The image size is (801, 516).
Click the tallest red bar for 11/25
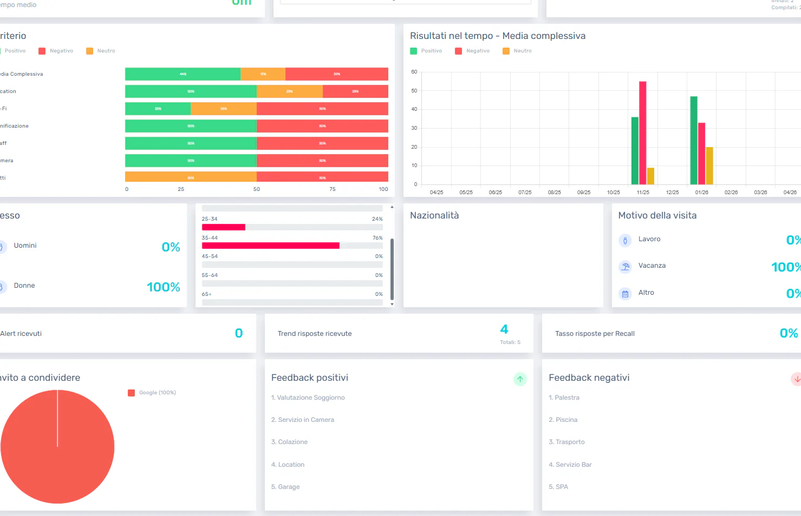642,133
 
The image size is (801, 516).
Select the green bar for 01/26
693,141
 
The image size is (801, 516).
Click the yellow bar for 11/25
650,176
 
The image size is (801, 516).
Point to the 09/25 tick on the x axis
584,193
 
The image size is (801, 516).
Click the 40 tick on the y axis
414,109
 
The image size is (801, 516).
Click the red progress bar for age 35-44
270,246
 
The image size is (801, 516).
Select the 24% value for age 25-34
377,219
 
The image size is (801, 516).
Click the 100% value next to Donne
163,287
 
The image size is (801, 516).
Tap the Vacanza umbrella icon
625,267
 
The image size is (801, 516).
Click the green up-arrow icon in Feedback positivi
519,379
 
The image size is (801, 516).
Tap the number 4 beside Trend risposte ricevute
504,329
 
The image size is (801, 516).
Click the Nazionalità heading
434,215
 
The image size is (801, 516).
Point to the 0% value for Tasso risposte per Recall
788,333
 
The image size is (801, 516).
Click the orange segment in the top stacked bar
263,74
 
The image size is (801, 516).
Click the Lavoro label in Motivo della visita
649,239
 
